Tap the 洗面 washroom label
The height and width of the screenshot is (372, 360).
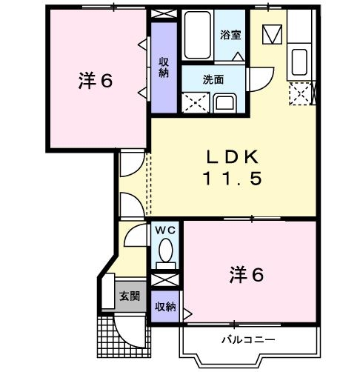click(x=214, y=80)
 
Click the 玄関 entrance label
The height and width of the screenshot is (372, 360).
click(x=129, y=296)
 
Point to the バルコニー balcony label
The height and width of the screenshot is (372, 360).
click(x=249, y=339)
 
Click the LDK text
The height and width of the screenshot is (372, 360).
click(x=231, y=156)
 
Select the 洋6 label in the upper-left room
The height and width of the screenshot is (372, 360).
click(x=96, y=81)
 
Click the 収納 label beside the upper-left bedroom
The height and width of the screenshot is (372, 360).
click(x=164, y=67)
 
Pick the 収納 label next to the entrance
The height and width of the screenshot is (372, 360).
click(x=165, y=306)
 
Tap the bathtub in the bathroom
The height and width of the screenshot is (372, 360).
click(x=199, y=36)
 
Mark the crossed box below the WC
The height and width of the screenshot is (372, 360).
click(x=165, y=282)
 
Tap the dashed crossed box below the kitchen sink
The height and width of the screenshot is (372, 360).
click(x=300, y=93)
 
